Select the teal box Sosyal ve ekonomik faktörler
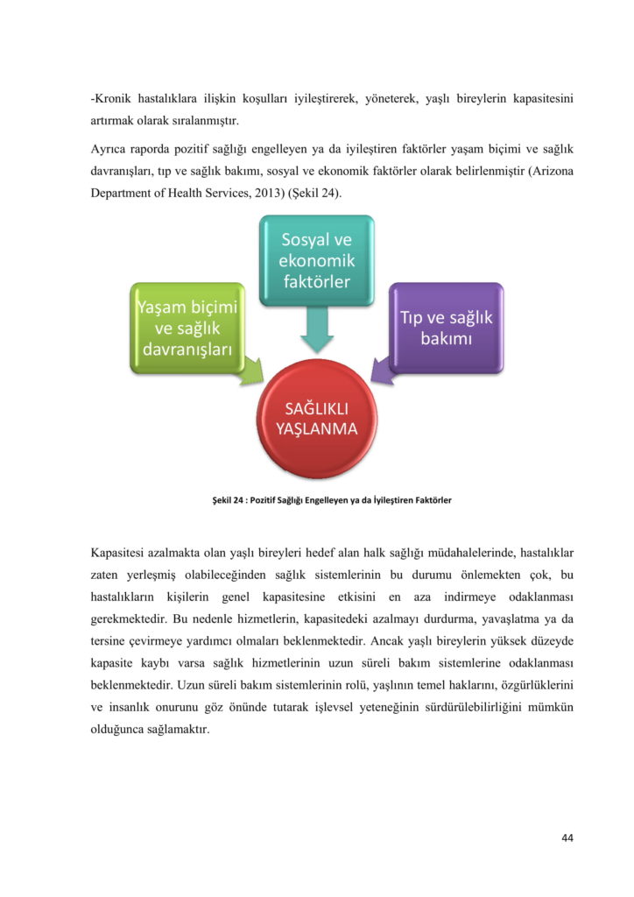pyautogui.click(x=316, y=260)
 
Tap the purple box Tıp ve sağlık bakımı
pyautogui.click(x=447, y=328)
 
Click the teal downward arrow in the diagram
pyautogui.click(x=316, y=329)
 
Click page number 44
pyautogui.click(x=567, y=838)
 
